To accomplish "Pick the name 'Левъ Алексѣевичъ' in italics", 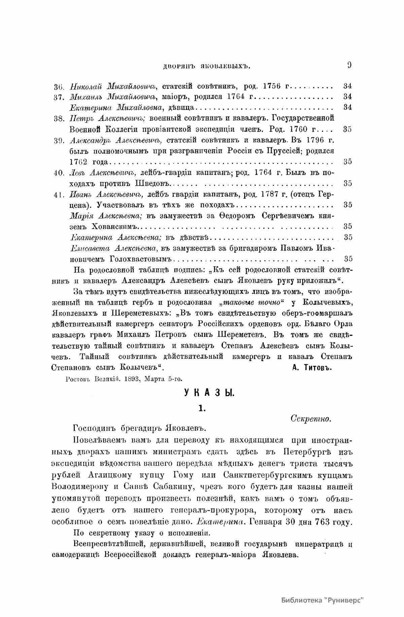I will (x=102, y=173).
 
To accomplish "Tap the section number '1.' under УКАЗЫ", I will (x=202, y=409).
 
